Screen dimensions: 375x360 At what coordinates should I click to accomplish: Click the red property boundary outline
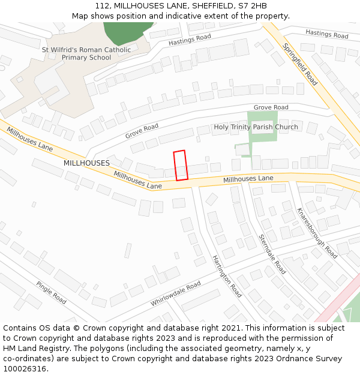coord(181,165)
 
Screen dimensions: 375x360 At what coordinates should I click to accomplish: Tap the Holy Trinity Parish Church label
coord(256,127)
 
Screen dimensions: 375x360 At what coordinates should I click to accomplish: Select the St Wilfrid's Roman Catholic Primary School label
coord(86,54)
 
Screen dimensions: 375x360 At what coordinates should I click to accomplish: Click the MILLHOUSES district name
coord(86,163)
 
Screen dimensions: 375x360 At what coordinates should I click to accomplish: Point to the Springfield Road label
coord(300,64)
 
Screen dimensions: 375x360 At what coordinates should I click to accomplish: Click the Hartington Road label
coord(227,276)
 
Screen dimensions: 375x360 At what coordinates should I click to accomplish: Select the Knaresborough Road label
coord(317,233)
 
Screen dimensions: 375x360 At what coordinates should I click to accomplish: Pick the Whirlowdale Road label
coord(176,294)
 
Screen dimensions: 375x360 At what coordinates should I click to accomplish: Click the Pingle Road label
coord(51,292)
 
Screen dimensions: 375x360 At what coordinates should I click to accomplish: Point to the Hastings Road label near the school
coord(190,40)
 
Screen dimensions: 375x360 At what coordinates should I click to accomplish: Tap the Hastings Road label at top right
coord(326,34)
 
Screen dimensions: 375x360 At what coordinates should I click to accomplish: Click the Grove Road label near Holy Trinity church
coord(271,107)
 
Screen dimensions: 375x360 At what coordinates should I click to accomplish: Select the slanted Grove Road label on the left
coord(142,131)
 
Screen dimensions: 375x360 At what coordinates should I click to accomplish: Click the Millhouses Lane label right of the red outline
coord(248,179)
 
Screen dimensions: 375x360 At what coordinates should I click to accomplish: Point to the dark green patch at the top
coord(127,32)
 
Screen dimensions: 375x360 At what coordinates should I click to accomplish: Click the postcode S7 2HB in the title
coord(250,6)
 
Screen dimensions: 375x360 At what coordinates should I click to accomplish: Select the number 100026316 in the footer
coord(25,369)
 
